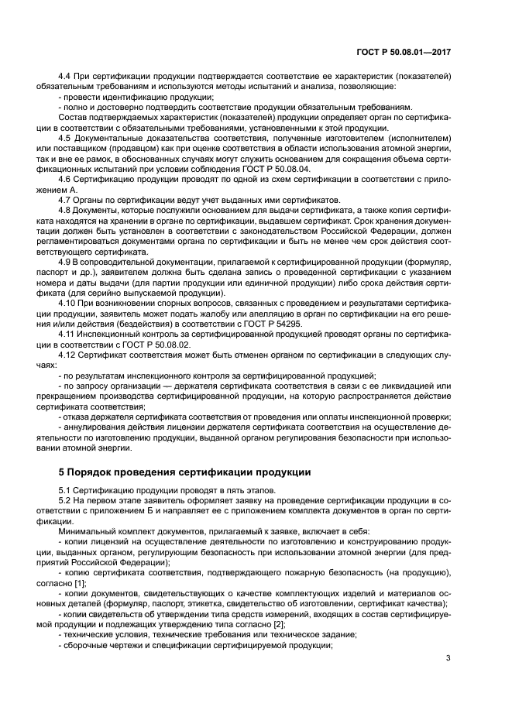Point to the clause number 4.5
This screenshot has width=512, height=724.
click(x=65, y=138)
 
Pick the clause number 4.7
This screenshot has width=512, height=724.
click(x=65, y=199)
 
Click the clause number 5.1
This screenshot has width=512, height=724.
click(x=65, y=491)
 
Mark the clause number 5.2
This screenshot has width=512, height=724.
click(x=65, y=501)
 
